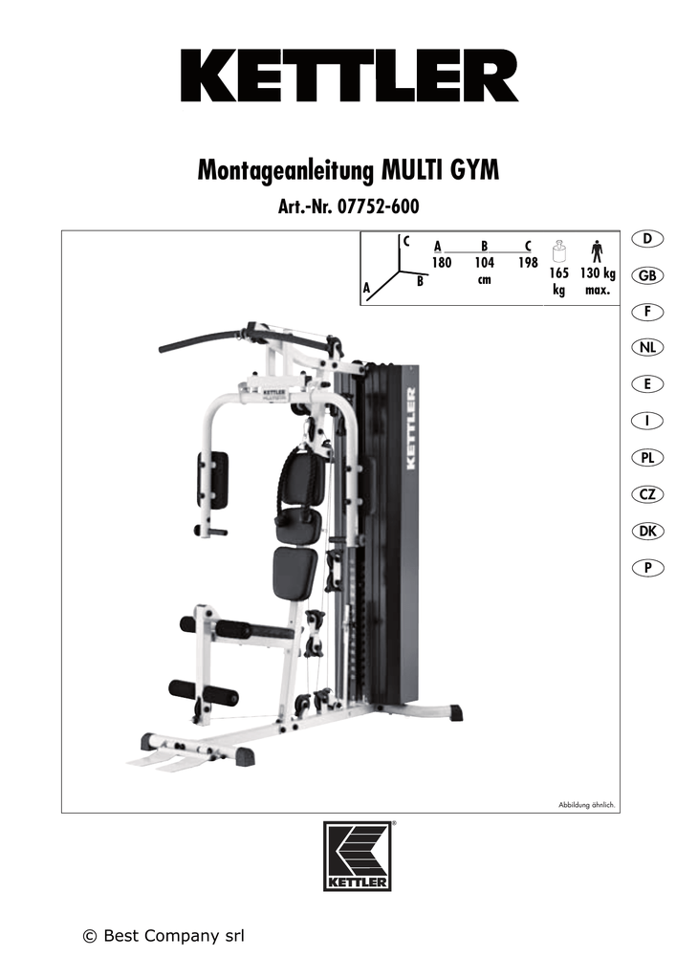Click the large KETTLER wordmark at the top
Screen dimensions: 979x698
tap(349, 76)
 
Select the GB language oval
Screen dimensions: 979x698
tap(647, 275)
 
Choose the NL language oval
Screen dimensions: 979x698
tap(647, 348)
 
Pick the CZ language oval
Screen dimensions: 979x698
tap(647, 494)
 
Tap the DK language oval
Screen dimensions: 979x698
tap(647, 531)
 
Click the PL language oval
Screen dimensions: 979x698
tap(647, 458)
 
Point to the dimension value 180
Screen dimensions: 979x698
tap(441, 263)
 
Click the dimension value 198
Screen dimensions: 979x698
tap(528, 263)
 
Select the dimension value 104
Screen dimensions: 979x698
tap(484, 263)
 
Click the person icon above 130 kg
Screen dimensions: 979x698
tap(597, 251)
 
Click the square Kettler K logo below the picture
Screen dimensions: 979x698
tap(357, 856)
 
